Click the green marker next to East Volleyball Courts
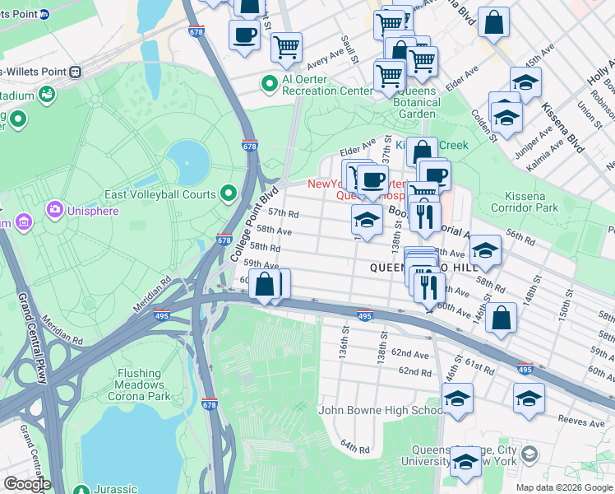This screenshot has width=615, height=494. tap(229, 194)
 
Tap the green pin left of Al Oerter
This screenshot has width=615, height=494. tap(269, 83)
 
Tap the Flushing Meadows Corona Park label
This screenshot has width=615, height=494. tap(139, 384)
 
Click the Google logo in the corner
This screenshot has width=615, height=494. tap(27, 484)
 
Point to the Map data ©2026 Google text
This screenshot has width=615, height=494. tap(564, 487)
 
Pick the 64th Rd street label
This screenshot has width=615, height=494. tap(355, 447)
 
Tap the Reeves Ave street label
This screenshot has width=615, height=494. tap(580, 420)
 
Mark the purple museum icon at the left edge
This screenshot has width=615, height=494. tap(22, 222)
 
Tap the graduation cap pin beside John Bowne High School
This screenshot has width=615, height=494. tap(458, 399)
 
